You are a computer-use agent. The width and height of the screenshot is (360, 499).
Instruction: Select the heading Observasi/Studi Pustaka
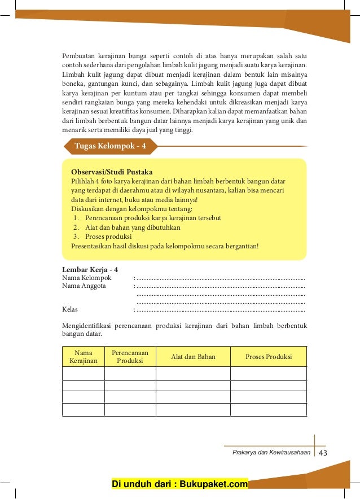point(112,172)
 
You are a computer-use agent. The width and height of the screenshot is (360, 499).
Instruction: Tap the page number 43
point(323,453)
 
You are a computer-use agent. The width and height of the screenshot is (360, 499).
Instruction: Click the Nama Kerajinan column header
point(84,357)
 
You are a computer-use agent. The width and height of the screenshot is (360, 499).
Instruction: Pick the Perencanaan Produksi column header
point(130,357)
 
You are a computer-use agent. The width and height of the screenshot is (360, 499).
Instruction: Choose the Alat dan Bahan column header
point(193,357)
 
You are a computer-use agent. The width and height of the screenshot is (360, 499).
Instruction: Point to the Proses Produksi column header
point(269,357)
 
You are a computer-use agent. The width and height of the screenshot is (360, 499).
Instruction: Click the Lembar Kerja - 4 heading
point(90,270)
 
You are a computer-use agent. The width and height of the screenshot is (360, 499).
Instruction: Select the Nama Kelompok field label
point(87,278)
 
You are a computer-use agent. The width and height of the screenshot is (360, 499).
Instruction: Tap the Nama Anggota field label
point(84,286)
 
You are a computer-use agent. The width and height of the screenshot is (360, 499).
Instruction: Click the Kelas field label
point(70,309)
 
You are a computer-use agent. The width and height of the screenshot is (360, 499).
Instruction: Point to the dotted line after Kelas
point(221,310)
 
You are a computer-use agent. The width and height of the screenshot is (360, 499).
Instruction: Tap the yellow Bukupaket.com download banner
point(180,484)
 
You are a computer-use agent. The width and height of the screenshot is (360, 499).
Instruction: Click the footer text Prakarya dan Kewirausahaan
point(271,453)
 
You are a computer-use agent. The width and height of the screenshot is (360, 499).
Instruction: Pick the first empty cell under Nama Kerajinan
point(84,374)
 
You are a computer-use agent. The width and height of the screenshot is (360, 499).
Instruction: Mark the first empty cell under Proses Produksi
point(269,374)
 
